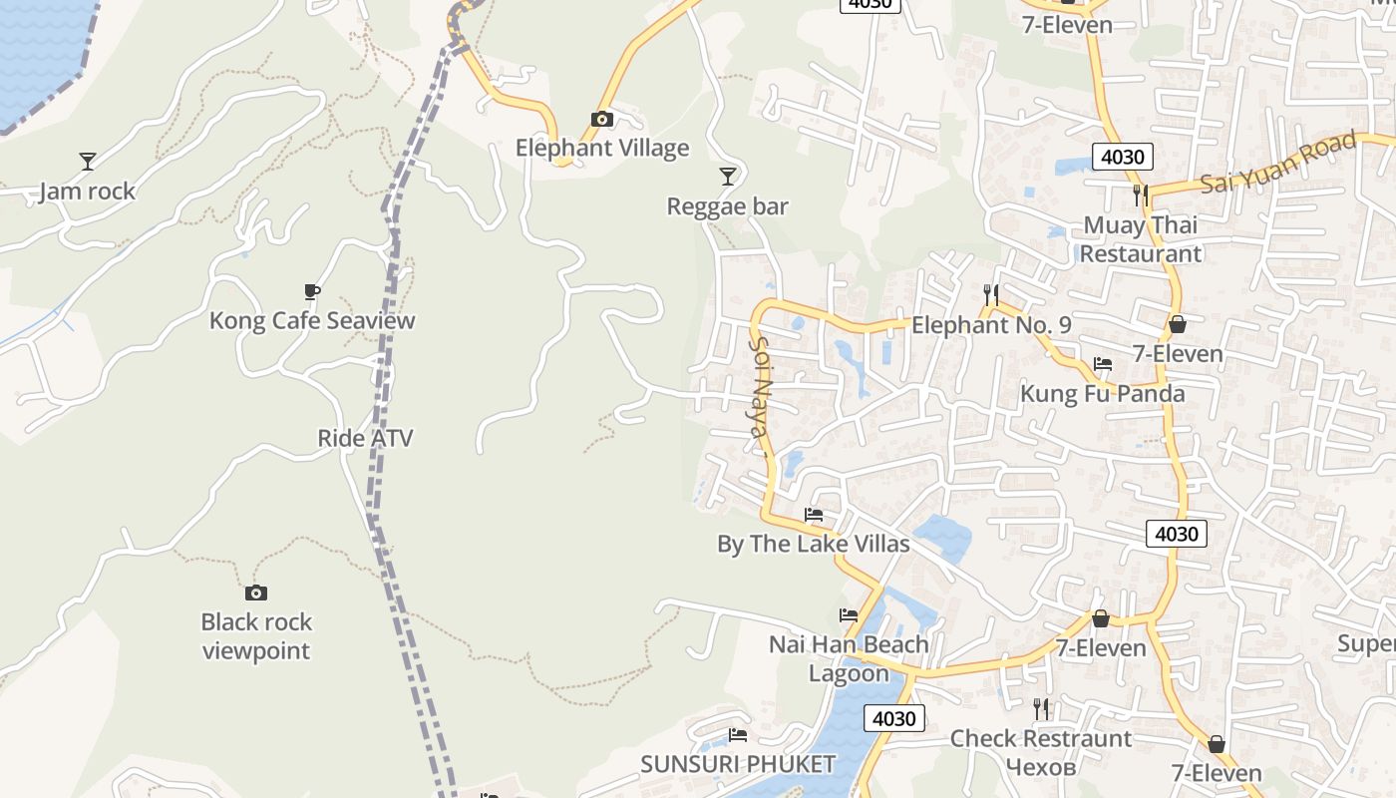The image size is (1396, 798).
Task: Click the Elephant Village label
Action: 602,149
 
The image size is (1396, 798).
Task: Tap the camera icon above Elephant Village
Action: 601,120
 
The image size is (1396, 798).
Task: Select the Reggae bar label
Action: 728,206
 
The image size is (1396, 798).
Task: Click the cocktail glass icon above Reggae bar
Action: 728,177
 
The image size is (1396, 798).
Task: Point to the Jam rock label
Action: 88,192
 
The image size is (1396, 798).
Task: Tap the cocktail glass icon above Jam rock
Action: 88,161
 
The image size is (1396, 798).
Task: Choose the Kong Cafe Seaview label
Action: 312,321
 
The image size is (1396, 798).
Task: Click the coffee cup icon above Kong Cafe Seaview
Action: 312,291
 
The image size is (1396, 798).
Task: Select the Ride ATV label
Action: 365,438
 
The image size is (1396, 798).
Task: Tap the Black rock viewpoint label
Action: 256,636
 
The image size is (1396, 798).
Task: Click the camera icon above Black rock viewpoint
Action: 256,593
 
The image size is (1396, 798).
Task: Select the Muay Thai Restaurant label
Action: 1141,239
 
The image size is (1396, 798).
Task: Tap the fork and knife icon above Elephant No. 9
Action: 990,294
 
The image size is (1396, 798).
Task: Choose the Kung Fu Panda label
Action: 1102,394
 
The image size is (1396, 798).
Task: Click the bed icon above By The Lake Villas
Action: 814,515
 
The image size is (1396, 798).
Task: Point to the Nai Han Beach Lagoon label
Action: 849,658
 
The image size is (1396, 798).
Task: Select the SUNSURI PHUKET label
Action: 738,765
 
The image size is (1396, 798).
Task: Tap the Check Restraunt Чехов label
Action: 1041,753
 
